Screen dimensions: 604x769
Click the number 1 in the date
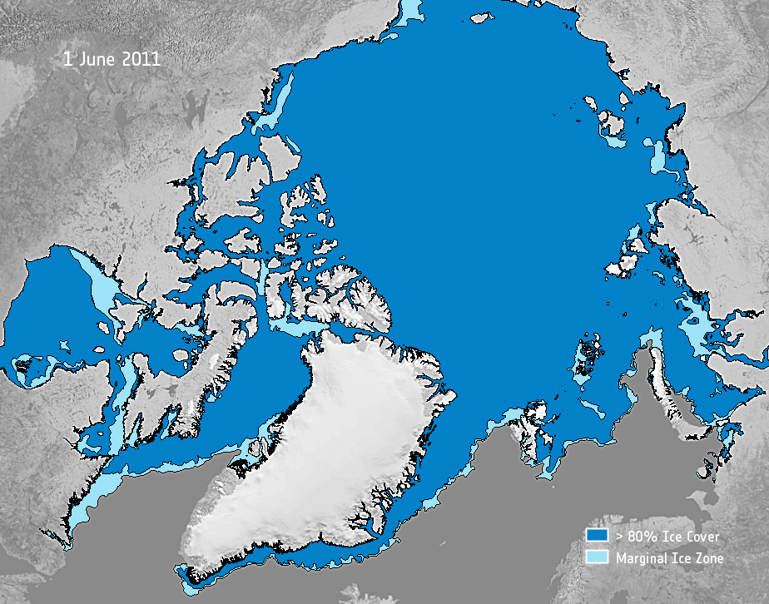(x=67, y=60)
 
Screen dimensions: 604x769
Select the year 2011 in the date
(x=139, y=60)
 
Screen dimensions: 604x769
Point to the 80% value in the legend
(x=640, y=537)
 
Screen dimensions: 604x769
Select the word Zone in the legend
(x=708, y=558)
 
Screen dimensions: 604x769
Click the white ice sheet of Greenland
(x=333, y=441)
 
